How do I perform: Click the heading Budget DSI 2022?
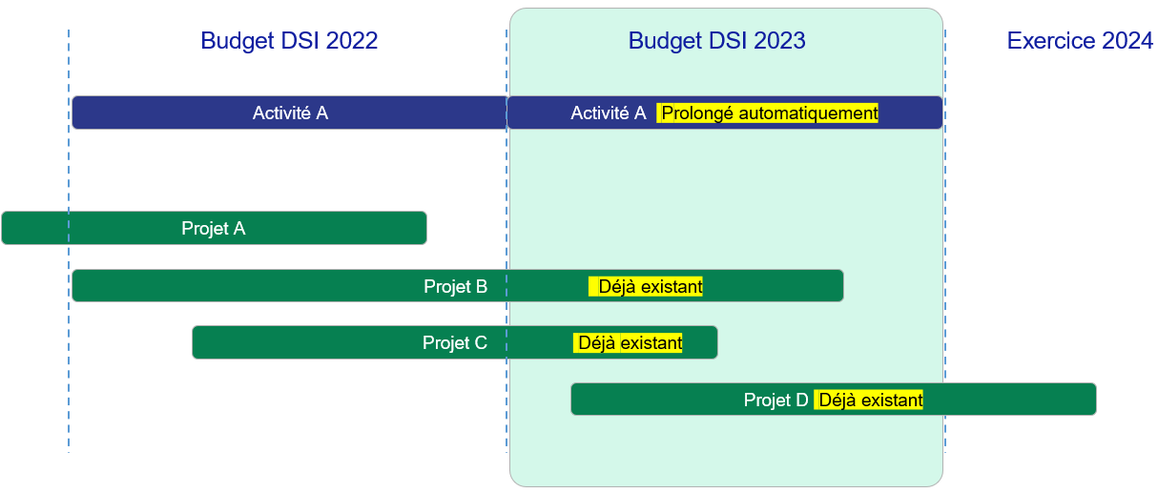[x=289, y=41]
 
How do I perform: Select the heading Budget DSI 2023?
[x=716, y=41]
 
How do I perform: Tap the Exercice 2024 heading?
[x=1080, y=41]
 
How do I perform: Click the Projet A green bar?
[x=214, y=228]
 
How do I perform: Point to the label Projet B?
[x=455, y=286]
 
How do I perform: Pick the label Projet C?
[x=455, y=342]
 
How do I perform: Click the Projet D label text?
[x=775, y=400]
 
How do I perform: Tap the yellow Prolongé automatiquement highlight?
[x=767, y=113]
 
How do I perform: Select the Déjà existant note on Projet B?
[x=646, y=286]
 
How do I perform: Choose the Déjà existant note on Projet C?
[x=628, y=342]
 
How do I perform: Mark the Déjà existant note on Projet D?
[x=868, y=400]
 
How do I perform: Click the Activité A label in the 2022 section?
[x=290, y=113]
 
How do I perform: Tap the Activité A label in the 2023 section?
[x=608, y=113]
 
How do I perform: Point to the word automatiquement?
[x=809, y=113]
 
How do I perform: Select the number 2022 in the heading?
[x=352, y=41]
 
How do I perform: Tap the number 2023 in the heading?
[x=779, y=41]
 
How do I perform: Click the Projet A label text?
[x=213, y=229]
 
